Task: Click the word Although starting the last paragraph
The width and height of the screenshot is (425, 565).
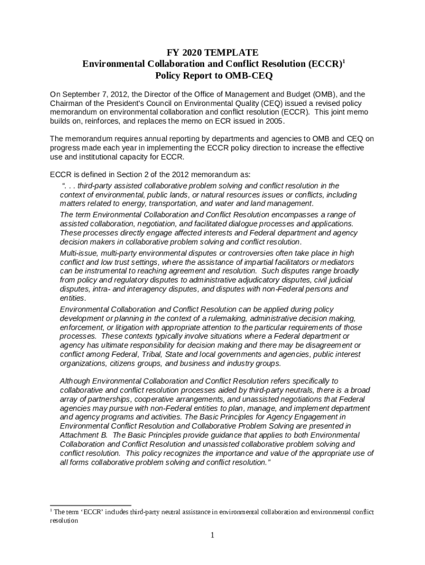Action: pyautogui.click(x=75, y=381)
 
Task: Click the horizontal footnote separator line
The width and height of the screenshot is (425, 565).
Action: pyautogui.click(x=91, y=505)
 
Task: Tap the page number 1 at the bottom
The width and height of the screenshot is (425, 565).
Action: pyautogui.click(x=212, y=535)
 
